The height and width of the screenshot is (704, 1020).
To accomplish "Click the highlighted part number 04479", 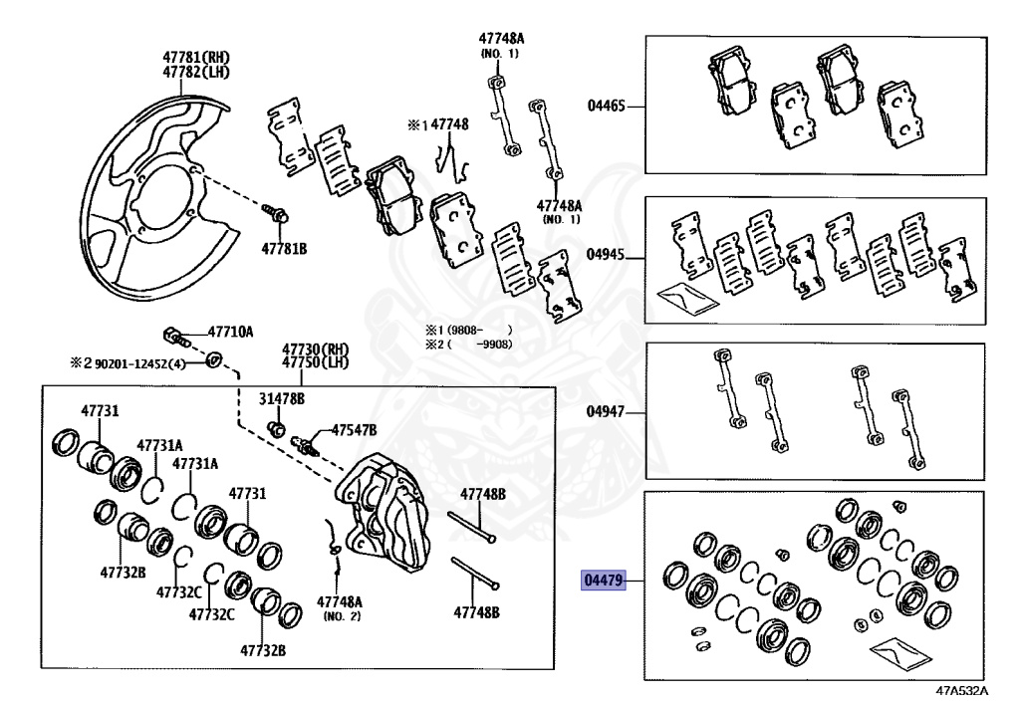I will [603, 580].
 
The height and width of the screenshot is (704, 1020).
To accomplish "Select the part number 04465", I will [606, 105].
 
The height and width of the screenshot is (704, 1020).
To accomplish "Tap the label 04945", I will [606, 255].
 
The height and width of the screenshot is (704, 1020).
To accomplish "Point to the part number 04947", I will [606, 411].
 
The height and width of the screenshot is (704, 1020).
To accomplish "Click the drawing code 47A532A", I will [961, 690].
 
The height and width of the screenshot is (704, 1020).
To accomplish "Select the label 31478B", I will [282, 398].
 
